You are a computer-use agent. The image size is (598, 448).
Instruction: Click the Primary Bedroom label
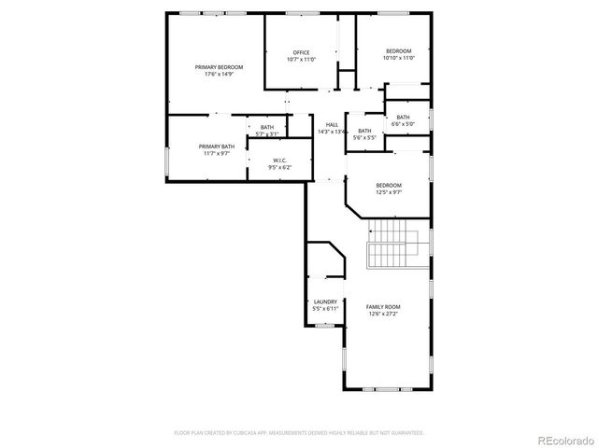click(219, 67)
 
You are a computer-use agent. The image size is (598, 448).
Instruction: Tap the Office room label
click(301, 52)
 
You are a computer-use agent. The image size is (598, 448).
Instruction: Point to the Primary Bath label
click(215, 147)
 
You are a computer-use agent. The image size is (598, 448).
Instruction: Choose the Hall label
click(332, 125)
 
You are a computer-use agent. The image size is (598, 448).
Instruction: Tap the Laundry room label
click(325, 301)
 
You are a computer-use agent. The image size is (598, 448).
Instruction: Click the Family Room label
click(383, 307)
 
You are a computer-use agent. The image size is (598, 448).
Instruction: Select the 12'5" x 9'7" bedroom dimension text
click(389, 191)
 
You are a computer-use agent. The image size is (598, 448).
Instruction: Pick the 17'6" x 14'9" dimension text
click(219, 75)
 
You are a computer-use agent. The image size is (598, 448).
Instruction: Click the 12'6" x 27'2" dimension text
click(383, 314)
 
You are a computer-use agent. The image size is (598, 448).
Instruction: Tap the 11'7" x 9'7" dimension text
click(215, 153)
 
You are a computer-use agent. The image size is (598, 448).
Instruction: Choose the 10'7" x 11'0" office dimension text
click(301, 59)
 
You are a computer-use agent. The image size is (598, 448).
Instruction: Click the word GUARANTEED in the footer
click(406, 433)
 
